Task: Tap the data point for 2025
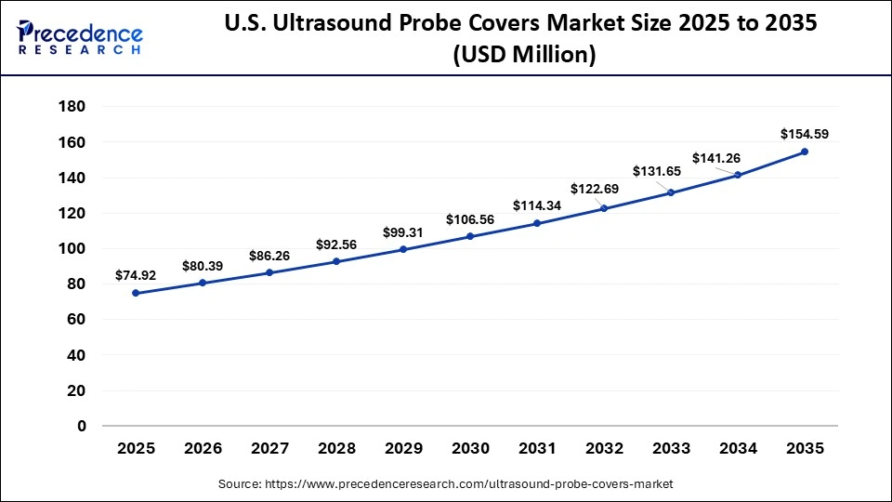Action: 136,293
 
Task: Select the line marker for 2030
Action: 470,236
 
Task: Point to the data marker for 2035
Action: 805,152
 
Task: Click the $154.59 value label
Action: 804,134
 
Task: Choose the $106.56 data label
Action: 470,219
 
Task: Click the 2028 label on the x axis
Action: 336,448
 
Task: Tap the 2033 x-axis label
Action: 671,448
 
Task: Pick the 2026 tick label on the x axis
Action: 203,448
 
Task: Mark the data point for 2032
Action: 604,208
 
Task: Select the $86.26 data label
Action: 269,255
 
